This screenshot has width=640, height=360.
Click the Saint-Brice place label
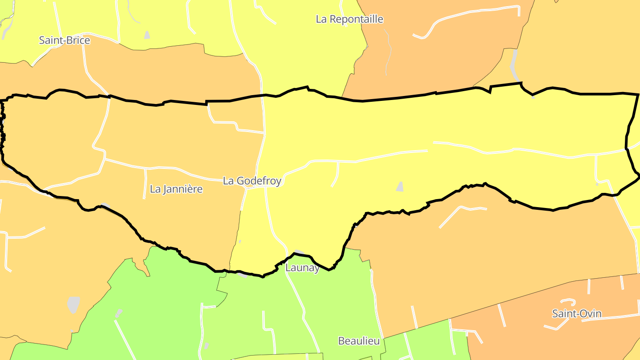tap(64, 40)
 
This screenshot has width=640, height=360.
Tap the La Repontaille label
tap(349, 19)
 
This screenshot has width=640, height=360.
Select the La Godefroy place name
tap(252, 181)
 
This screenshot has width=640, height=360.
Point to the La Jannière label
tap(176, 189)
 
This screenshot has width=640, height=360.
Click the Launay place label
tap(302, 268)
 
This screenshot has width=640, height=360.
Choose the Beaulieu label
tap(359, 341)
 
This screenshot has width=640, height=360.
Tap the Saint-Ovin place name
tap(576, 314)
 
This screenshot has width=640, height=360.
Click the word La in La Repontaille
tap(321, 19)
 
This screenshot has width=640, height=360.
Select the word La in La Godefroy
tap(228, 181)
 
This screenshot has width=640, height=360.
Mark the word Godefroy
tap(259, 181)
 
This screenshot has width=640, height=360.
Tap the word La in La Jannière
tap(155, 189)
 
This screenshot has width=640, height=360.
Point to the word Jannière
tap(183, 189)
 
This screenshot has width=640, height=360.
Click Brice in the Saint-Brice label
tap(78, 40)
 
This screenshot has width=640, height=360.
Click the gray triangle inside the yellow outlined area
tap(400, 187)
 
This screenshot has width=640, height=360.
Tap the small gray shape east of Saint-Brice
tap(147, 35)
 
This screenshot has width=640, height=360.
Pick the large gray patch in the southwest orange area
tap(73, 304)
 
